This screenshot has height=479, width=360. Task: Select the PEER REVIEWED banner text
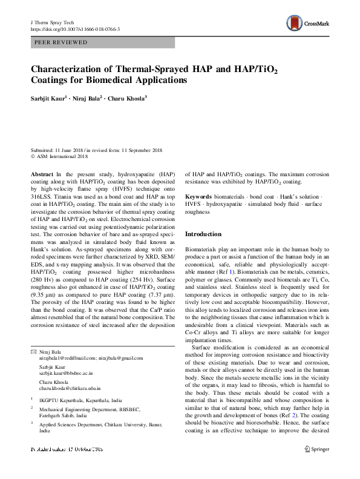pyautogui.click(x=58, y=43)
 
